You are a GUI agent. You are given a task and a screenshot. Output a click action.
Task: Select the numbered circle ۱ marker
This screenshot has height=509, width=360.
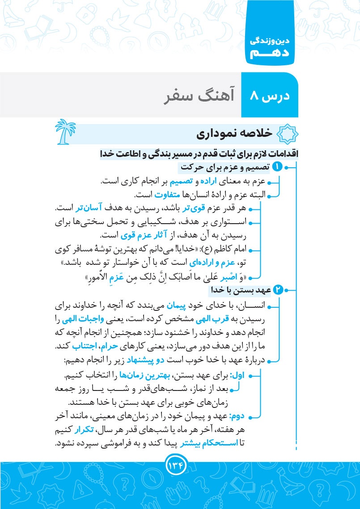click(x=278, y=168)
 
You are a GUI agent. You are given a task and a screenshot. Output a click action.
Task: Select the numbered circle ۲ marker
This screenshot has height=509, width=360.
click(x=278, y=291)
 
